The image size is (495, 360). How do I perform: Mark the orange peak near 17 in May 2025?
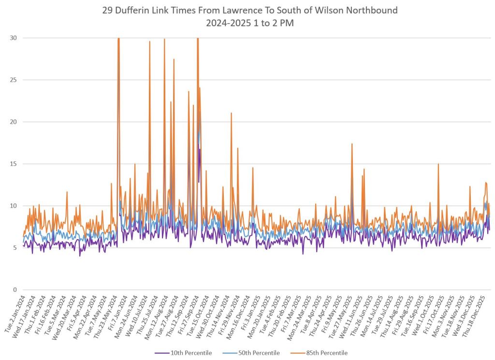pyautogui.click(x=352, y=144)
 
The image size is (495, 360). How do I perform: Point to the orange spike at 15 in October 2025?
pyautogui.click(x=438, y=164)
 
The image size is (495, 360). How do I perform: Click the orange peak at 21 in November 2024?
pyautogui.click(x=232, y=113)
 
